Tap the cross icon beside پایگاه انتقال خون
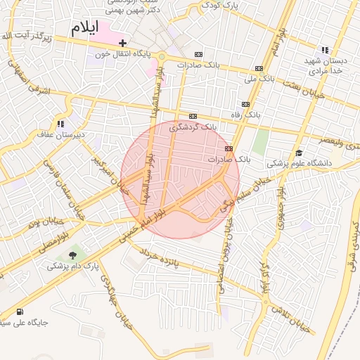122,44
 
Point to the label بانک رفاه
246,113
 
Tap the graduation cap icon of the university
299,153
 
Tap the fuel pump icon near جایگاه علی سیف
18,312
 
